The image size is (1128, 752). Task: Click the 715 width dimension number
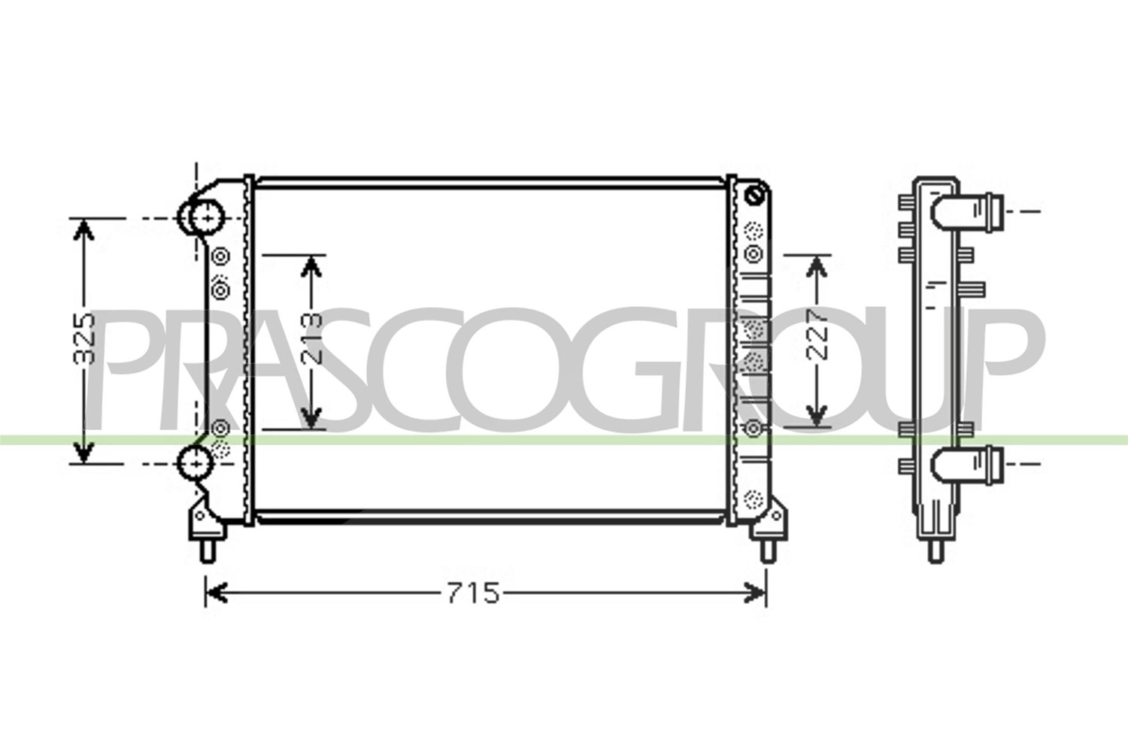pos(473,593)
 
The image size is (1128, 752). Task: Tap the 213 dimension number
pos(311,338)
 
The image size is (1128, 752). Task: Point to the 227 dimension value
pos(816,335)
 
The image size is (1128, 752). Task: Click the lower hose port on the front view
pos(196,462)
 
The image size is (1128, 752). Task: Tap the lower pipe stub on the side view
pos(967,465)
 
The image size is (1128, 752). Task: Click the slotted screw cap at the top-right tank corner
pos(755,195)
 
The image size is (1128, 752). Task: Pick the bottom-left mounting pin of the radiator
pos(208,550)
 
